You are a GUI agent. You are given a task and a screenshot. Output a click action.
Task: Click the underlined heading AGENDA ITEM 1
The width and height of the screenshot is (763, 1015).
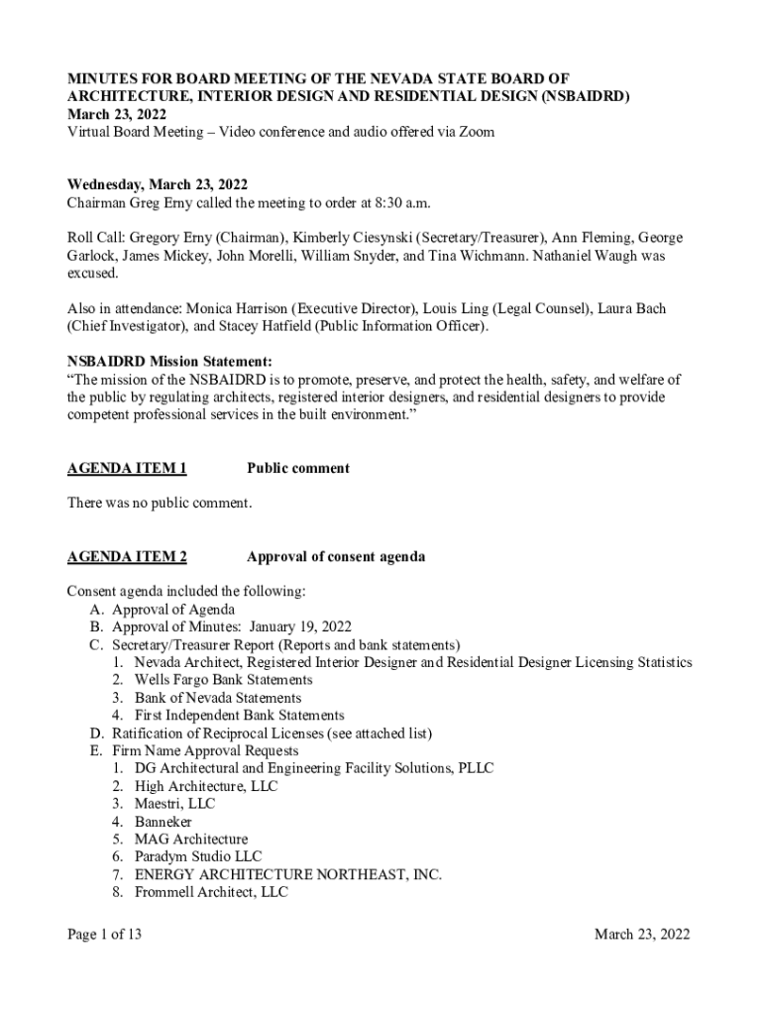(127, 468)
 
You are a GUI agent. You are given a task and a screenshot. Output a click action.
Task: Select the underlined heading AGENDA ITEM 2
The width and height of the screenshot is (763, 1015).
(127, 556)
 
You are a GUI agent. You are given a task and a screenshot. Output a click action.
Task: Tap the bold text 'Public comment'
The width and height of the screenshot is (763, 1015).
(298, 468)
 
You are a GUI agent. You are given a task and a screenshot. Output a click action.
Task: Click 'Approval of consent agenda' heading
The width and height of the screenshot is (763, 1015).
(336, 556)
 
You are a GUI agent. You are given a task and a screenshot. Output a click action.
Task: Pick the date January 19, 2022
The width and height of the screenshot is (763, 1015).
(300, 626)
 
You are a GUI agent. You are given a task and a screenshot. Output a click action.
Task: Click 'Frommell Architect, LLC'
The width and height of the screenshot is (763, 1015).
(211, 892)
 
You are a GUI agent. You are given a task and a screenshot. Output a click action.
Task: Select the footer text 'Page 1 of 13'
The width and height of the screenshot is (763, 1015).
(105, 934)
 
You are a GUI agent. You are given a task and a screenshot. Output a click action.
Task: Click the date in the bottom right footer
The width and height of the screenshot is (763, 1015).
(641, 934)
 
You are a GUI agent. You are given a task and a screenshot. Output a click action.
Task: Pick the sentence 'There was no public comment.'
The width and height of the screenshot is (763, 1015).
(160, 504)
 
